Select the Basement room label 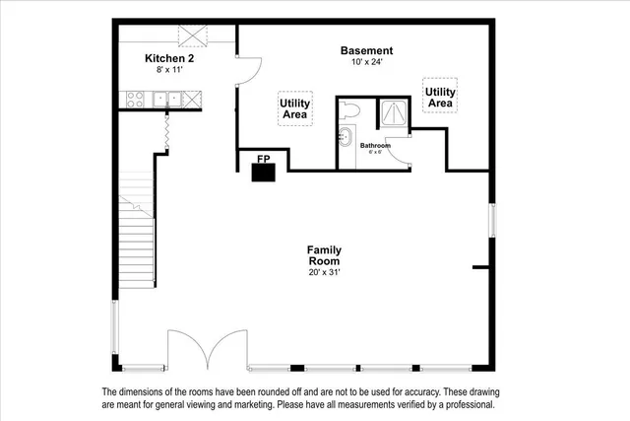coord(366,50)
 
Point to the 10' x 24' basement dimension coord(366,62)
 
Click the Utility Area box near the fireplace coord(294,108)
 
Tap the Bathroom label coord(374,146)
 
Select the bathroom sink coord(346,137)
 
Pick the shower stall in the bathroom coord(394,112)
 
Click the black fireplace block coord(263,173)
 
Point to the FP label coord(263,158)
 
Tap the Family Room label coord(324,255)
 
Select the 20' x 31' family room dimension coord(324,272)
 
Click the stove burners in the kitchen coord(135,98)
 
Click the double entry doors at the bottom coord(208,351)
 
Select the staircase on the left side coord(136,237)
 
